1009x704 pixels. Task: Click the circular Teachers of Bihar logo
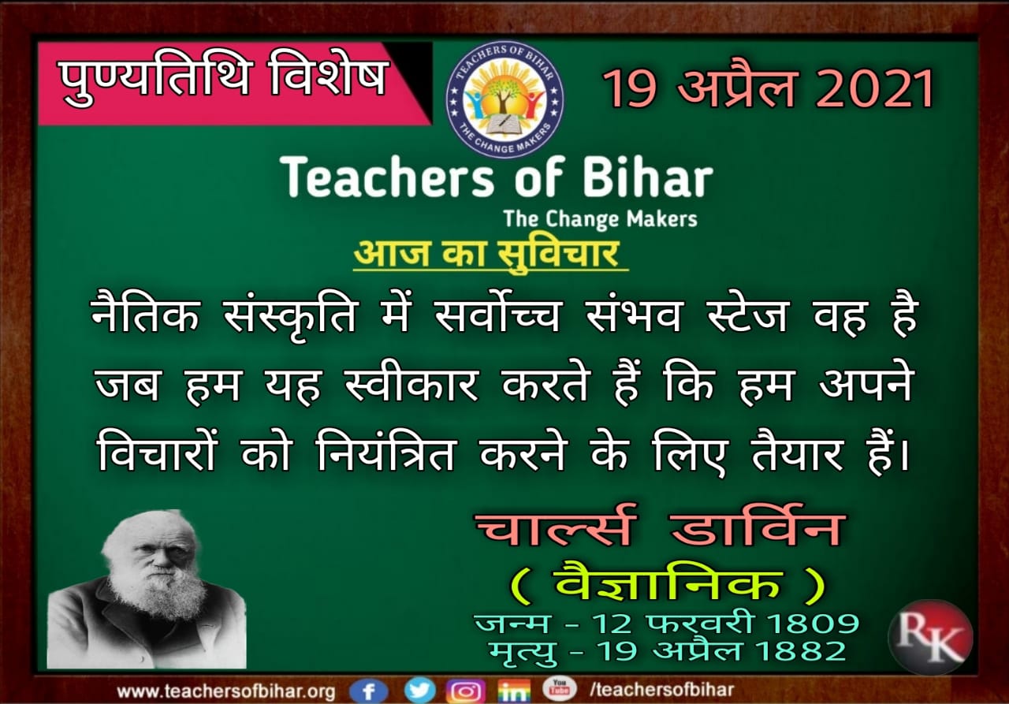click(504, 99)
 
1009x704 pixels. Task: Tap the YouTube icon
click(559, 687)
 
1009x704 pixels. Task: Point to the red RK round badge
click(930, 636)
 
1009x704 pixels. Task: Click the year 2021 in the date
click(874, 89)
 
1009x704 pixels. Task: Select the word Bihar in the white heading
click(648, 177)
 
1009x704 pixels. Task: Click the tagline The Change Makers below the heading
click(600, 219)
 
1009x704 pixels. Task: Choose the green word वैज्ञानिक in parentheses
click(668, 584)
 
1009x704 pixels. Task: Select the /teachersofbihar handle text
click(661, 690)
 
